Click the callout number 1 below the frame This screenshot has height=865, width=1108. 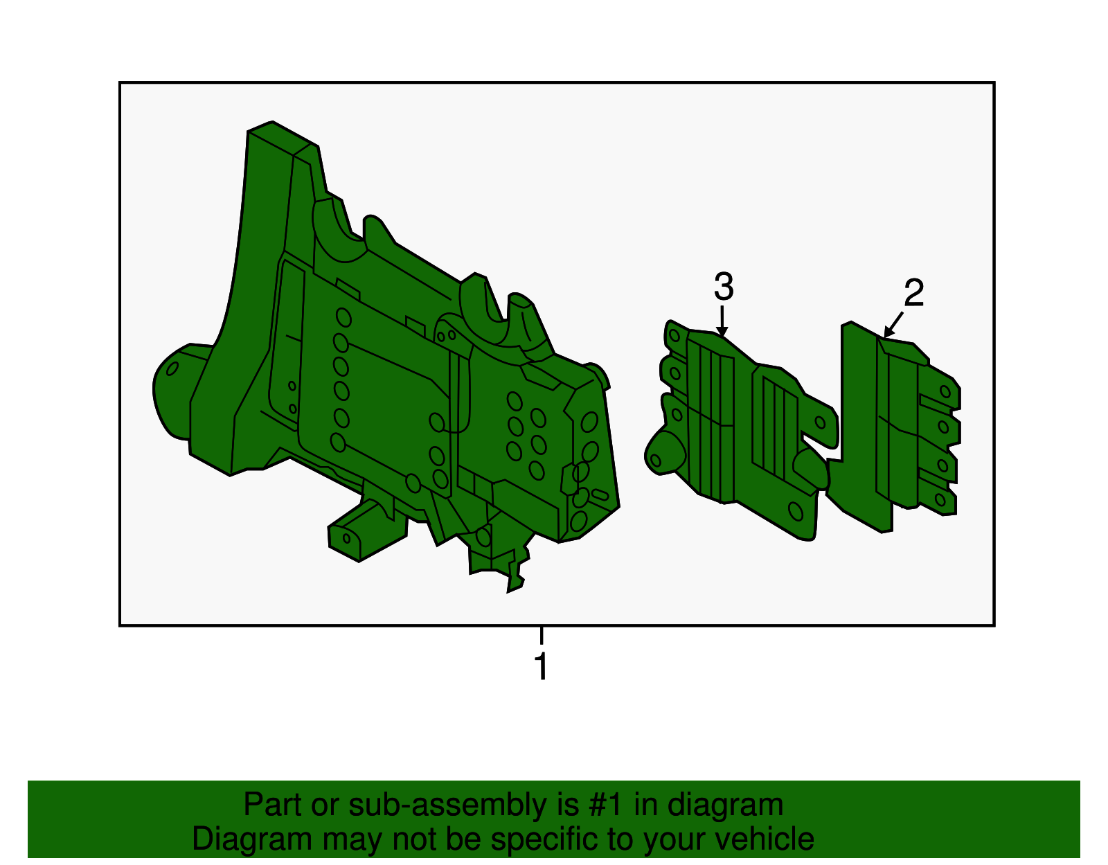click(542, 667)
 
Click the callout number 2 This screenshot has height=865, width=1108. click(914, 294)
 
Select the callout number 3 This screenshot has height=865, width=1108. click(723, 287)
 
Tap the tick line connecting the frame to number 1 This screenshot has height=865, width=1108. click(542, 635)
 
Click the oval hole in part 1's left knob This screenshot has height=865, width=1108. click(172, 368)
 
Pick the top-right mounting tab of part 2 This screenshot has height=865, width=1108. click(945, 392)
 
